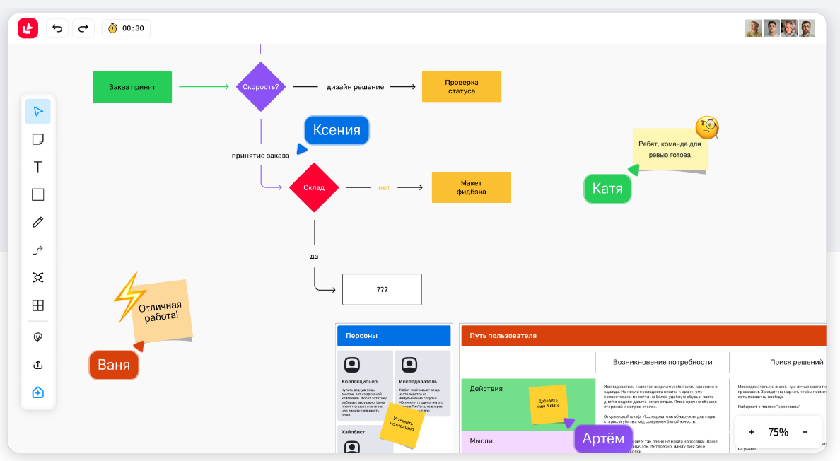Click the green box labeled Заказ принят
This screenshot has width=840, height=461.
(x=132, y=87)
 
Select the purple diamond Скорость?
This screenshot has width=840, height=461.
(x=261, y=87)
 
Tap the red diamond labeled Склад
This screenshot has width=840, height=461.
(x=314, y=187)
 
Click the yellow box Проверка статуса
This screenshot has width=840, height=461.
(x=461, y=86)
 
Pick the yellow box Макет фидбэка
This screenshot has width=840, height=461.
(x=471, y=187)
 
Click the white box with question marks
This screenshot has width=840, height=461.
(x=382, y=289)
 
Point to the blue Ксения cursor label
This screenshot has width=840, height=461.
(x=337, y=130)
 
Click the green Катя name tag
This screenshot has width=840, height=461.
(x=607, y=189)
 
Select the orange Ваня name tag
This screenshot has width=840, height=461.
(x=114, y=365)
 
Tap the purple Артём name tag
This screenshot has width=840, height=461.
(x=603, y=438)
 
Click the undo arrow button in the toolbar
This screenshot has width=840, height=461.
(x=57, y=28)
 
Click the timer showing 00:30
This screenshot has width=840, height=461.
(x=126, y=28)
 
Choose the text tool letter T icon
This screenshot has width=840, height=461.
(x=38, y=167)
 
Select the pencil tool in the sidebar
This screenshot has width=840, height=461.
(x=38, y=222)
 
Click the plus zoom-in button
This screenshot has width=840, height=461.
(x=751, y=432)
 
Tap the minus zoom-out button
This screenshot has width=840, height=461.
(x=805, y=432)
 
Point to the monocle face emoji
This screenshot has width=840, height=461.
(x=706, y=128)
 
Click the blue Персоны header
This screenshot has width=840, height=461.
(x=393, y=336)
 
